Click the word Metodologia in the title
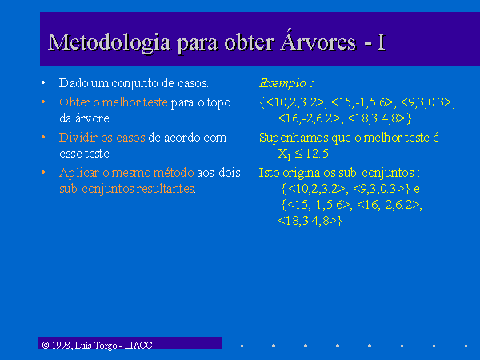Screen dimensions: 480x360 110,42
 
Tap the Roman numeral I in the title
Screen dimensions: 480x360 381,42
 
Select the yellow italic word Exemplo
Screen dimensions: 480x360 282,83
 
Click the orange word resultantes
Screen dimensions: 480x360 166,189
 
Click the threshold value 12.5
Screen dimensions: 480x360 317,154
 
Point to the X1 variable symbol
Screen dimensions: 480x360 284,154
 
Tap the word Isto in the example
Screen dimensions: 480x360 269,173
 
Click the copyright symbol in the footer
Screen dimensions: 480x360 46,346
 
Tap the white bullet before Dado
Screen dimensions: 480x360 43,82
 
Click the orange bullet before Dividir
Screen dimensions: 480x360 43,137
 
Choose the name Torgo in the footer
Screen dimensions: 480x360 106,346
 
